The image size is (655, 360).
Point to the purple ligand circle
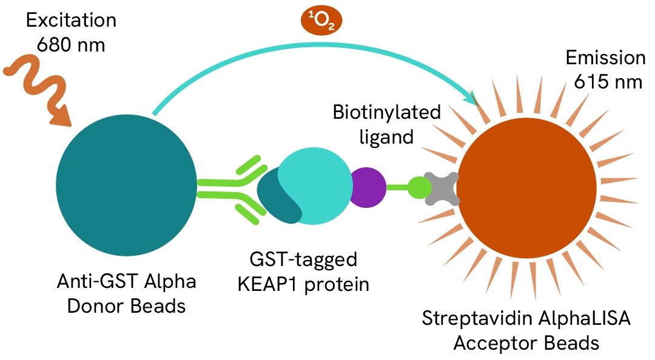pos(368,187)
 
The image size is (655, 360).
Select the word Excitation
pos(71,21)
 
